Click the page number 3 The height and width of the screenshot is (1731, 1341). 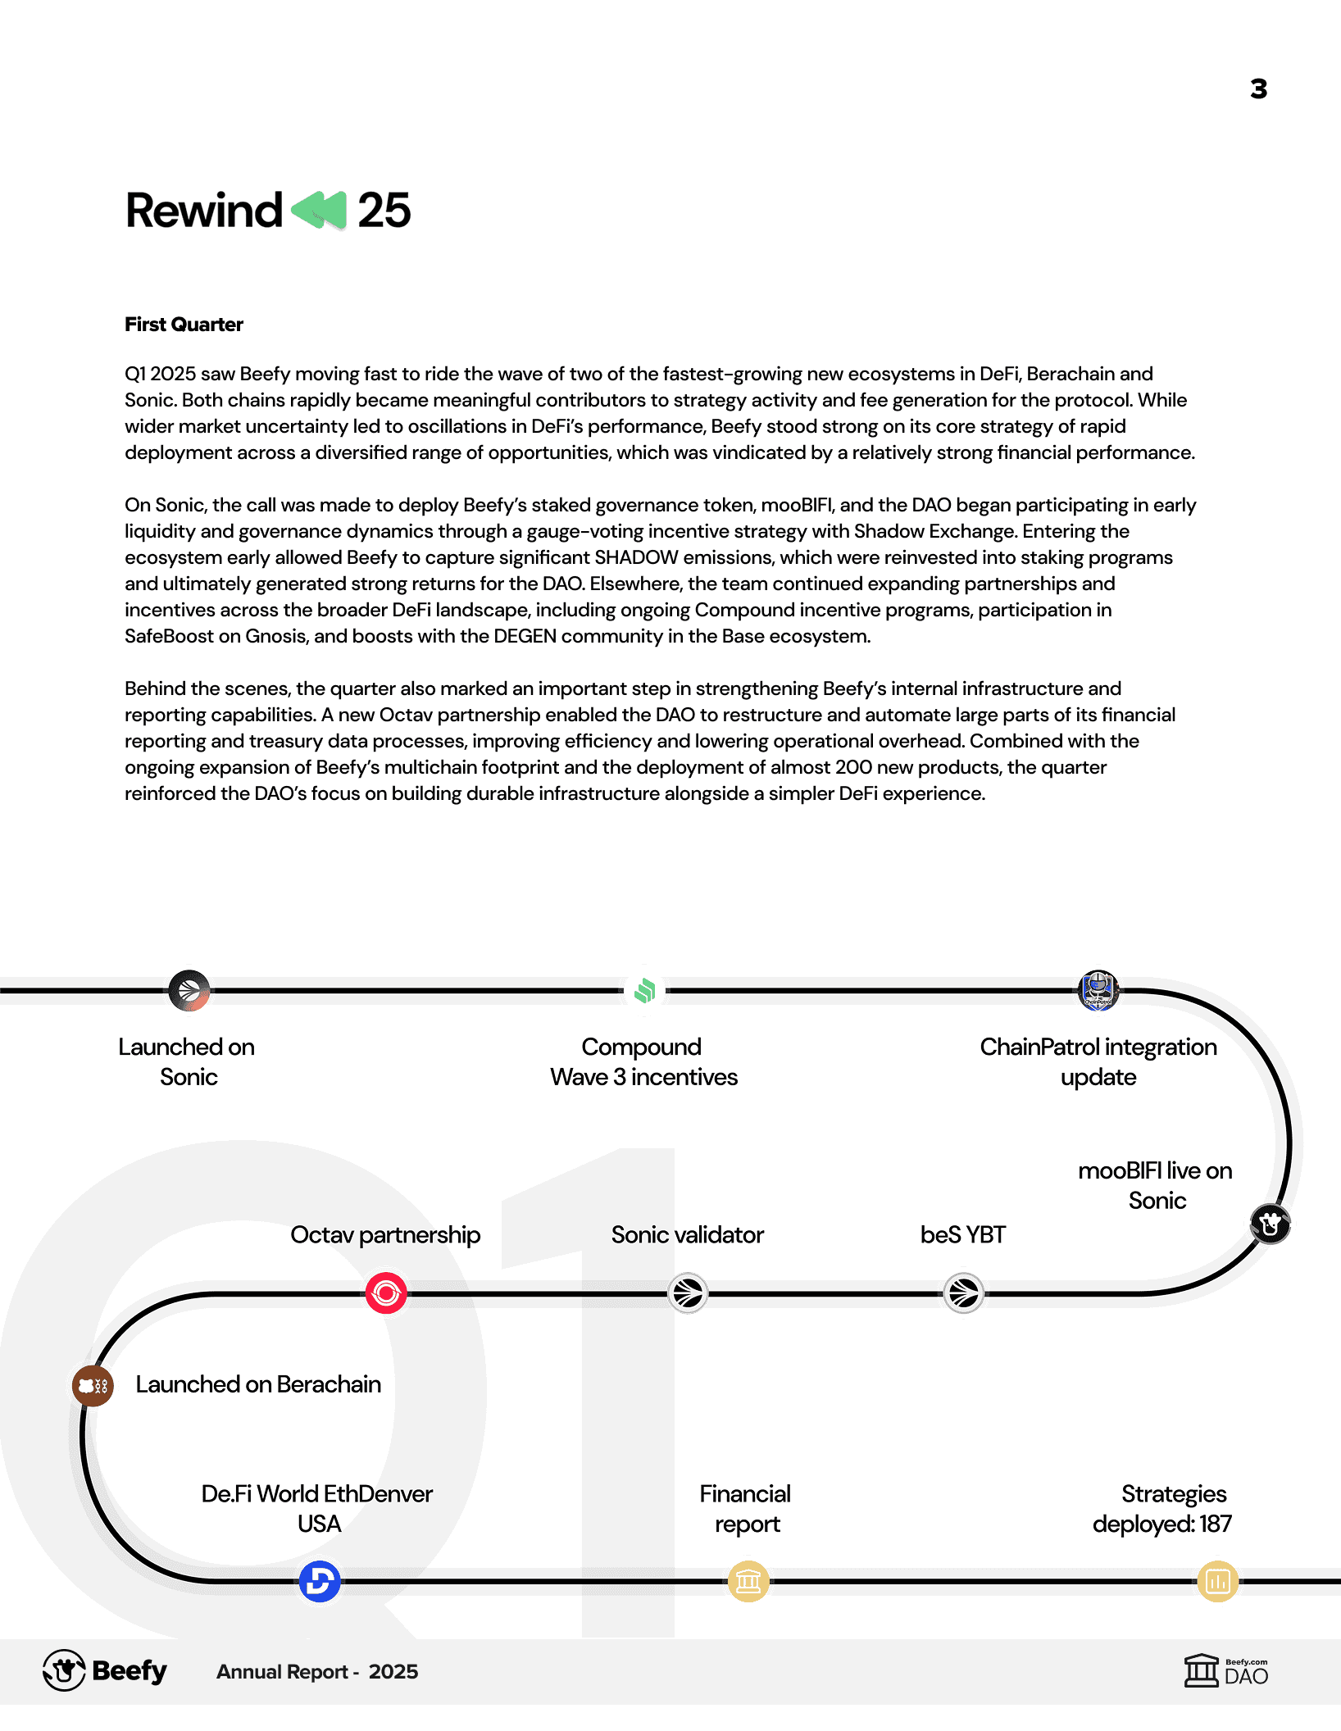pyautogui.click(x=1258, y=89)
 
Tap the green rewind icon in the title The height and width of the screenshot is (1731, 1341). pyautogui.click(x=319, y=211)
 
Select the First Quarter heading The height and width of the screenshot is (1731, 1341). pyautogui.click(x=184, y=325)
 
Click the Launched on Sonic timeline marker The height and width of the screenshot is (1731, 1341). pyautogui.click(x=189, y=991)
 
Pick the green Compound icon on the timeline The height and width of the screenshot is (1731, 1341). pyautogui.click(x=645, y=991)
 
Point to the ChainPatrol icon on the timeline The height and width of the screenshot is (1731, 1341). pyautogui.click(x=1098, y=991)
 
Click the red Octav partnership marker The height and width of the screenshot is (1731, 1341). pyautogui.click(x=386, y=1293)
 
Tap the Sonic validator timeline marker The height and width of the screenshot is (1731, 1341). pyautogui.click(x=688, y=1293)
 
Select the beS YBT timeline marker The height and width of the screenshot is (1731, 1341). pyautogui.click(x=964, y=1293)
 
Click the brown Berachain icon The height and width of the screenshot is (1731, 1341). pyautogui.click(x=93, y=1386)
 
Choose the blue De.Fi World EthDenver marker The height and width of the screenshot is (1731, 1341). pyautogui.click(x=320, y=1581)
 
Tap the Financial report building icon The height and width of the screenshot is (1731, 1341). pyautogui.click(x=748, y=1581)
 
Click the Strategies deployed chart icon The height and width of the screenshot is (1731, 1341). pyautogui.click(x=1217, y=1581)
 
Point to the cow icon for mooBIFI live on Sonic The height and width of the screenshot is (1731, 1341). pyautogui.click(x=1271, y=1224)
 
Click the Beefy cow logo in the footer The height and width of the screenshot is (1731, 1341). pyautogui.click(x=64, y=1670)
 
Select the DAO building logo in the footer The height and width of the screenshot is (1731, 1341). pyautogui.click(x=1202, y=1670)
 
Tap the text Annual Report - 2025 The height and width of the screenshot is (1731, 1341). pyautogui.click(x=317, y=1672)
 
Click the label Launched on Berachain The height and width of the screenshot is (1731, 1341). pyautogui.click(x=258, y=1384)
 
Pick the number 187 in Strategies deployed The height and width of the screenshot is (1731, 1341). pyautogui.click(x=1216, y=1524)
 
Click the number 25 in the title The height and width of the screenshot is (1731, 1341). pyautogui.click(x=384, y=211)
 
